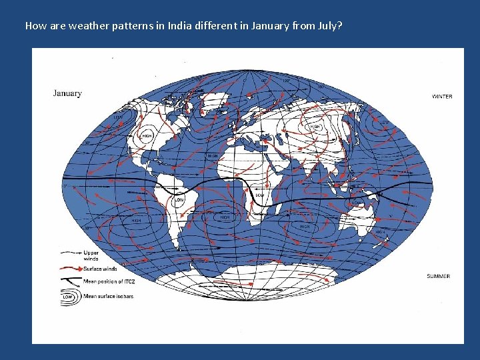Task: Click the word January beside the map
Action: click(67, 93)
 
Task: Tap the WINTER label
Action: click(441, 97)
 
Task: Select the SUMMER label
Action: click(438, 276)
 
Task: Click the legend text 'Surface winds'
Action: click(100, 269)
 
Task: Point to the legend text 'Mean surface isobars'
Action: click(108, 296)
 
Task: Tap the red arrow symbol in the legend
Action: click(71, 269)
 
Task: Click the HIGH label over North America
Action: click(146, 136)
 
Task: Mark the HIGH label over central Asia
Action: click(316, 126)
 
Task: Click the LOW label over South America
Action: click(179, 199)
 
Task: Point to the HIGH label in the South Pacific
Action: click(136, 220)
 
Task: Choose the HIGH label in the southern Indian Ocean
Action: click(305, 227)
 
